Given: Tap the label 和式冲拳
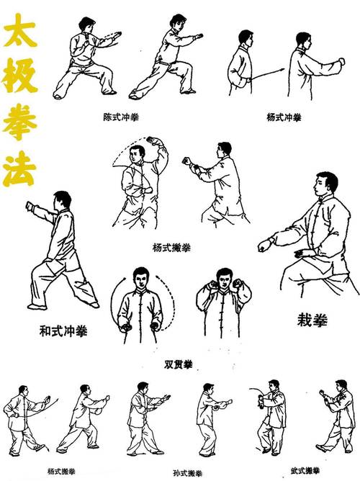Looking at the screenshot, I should (x=63, y=331).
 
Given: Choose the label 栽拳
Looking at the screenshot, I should (x=311, y=319).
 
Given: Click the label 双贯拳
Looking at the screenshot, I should (x=179, y=363).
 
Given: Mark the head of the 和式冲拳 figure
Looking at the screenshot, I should (x=63, y=199).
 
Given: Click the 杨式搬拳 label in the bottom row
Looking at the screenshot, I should (x=61, y=472).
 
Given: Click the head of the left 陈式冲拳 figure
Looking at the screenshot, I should (x=86, y=26).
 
